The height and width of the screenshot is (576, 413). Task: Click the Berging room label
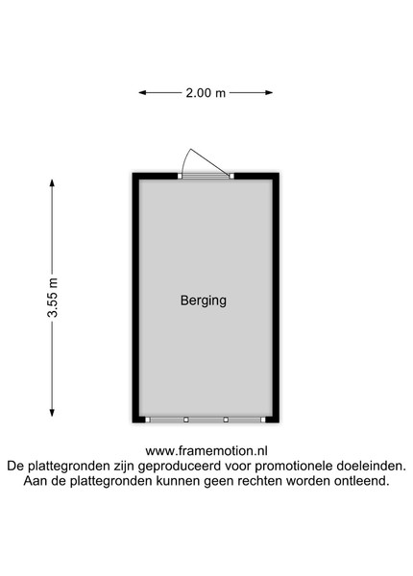point(204,300)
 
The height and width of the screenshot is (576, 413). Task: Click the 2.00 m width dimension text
point(206,93)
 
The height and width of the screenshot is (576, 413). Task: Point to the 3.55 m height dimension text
point(53,298)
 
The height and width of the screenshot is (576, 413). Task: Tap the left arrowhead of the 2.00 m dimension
point(142,93)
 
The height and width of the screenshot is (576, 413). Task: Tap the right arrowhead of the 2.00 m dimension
point(269,93)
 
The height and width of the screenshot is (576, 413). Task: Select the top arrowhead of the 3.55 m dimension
point(52,183)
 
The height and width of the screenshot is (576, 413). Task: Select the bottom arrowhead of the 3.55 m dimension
point(52,413)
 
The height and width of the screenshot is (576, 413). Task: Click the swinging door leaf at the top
point(209,161)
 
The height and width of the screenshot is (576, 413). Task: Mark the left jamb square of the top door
point(180,177)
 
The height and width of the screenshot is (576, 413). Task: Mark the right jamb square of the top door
point(231,177)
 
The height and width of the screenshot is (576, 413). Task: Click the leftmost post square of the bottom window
point(147,420)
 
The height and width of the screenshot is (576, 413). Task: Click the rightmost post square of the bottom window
point(263,420)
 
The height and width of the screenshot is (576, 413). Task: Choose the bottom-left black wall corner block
point(138,420)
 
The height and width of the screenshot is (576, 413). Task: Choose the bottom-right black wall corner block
point(272,420)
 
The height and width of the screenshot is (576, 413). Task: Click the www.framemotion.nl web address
point(206,451)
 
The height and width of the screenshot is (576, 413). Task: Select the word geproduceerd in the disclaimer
point(180,467)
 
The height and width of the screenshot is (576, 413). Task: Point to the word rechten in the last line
point(260,481)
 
